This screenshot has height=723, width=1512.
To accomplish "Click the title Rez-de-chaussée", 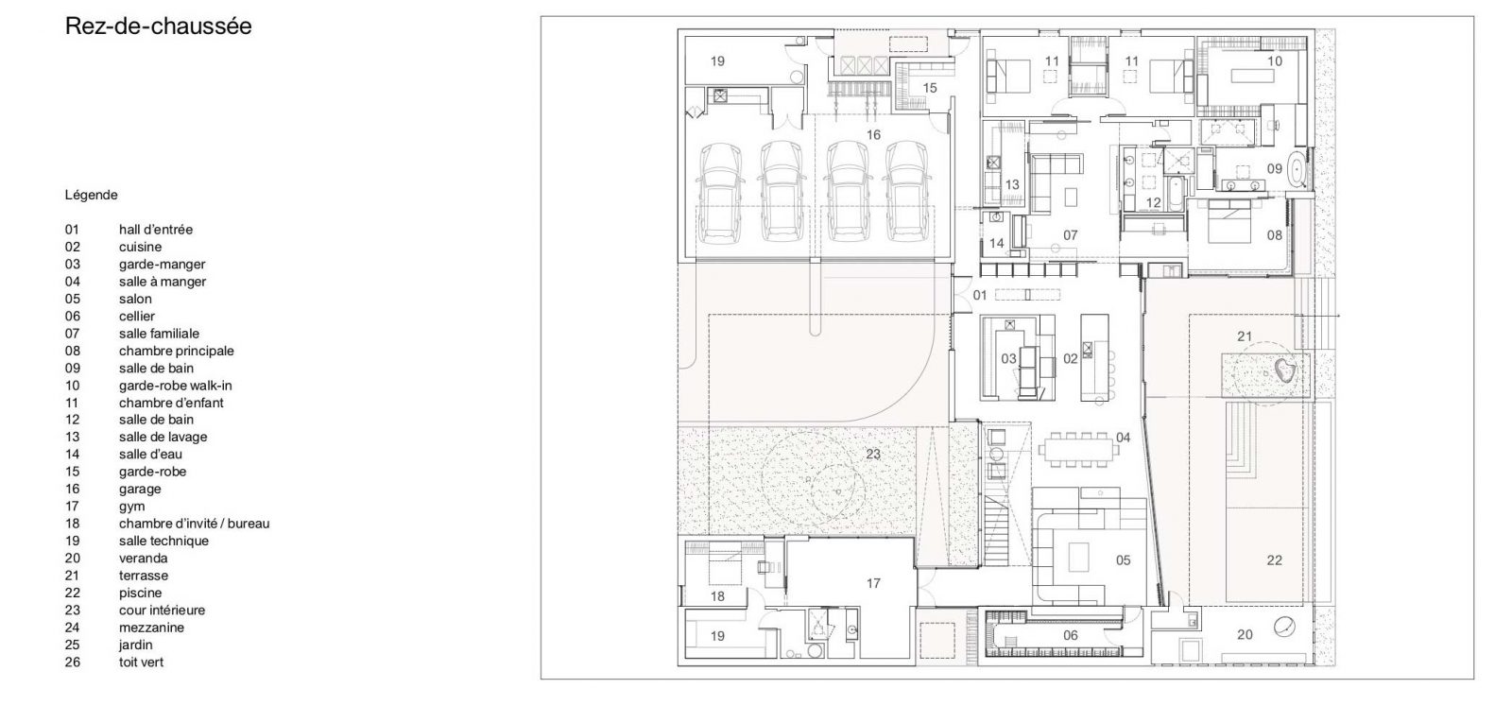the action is point(158,26).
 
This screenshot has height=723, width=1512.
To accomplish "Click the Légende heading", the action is point(91,195).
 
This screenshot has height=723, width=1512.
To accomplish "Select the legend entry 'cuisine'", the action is point(141,247).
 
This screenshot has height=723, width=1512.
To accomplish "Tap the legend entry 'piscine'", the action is point(141,593).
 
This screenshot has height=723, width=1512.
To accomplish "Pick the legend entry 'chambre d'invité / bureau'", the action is point(195,524).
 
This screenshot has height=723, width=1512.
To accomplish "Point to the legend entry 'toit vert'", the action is point(141,663).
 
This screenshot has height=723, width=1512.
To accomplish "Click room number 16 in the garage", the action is point(873,135).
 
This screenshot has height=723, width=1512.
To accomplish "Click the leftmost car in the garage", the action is point(721,193).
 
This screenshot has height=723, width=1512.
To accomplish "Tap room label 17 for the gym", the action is point(873,583).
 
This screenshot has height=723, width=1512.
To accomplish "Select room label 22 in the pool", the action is point(1275,560).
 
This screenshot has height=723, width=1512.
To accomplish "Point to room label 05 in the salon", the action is point(1124,560).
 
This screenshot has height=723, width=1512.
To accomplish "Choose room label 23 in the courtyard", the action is point(873,455).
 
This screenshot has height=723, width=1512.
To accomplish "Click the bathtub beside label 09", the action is point(1297,169).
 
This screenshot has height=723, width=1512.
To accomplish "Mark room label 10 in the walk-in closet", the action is point(1275,61).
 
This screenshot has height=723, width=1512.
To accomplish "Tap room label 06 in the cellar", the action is point(1071,635).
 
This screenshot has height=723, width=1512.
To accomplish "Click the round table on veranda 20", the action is point(1284,628).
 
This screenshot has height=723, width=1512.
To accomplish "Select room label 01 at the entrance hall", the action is point(980,295).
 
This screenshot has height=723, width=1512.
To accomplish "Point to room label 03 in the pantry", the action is point(1008,359).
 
